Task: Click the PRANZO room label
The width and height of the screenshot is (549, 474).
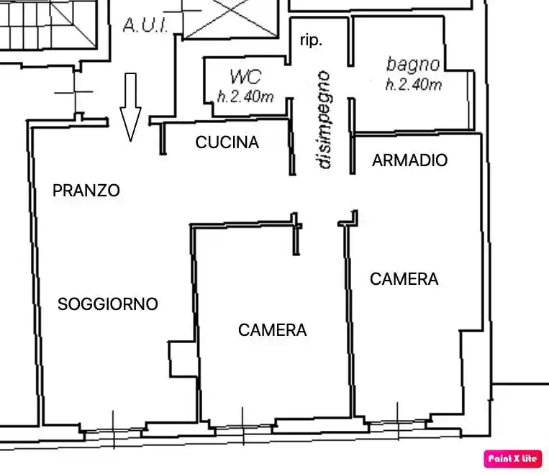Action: point(86,191)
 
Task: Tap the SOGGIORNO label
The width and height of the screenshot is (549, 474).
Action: point(107,304)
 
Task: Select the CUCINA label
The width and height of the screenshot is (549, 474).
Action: point(227,142)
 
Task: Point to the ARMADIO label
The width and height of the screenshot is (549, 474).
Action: point(409,160)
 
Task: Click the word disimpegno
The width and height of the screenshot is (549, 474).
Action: point(325,119)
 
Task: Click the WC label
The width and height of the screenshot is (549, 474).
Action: point(245,77)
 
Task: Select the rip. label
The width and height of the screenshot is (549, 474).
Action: point(311,40)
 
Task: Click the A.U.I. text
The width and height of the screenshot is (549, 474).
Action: point(146,27)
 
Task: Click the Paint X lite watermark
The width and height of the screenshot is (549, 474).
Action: point(513,458)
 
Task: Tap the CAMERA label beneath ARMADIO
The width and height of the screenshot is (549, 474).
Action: point(404,279)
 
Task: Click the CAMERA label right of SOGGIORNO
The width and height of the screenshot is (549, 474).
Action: point(272,330)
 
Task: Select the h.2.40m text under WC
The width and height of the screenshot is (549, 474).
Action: point(245,96)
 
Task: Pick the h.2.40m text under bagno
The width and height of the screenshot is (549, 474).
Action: point(414,85)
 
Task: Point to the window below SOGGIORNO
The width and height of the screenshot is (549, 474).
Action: point(114,430)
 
